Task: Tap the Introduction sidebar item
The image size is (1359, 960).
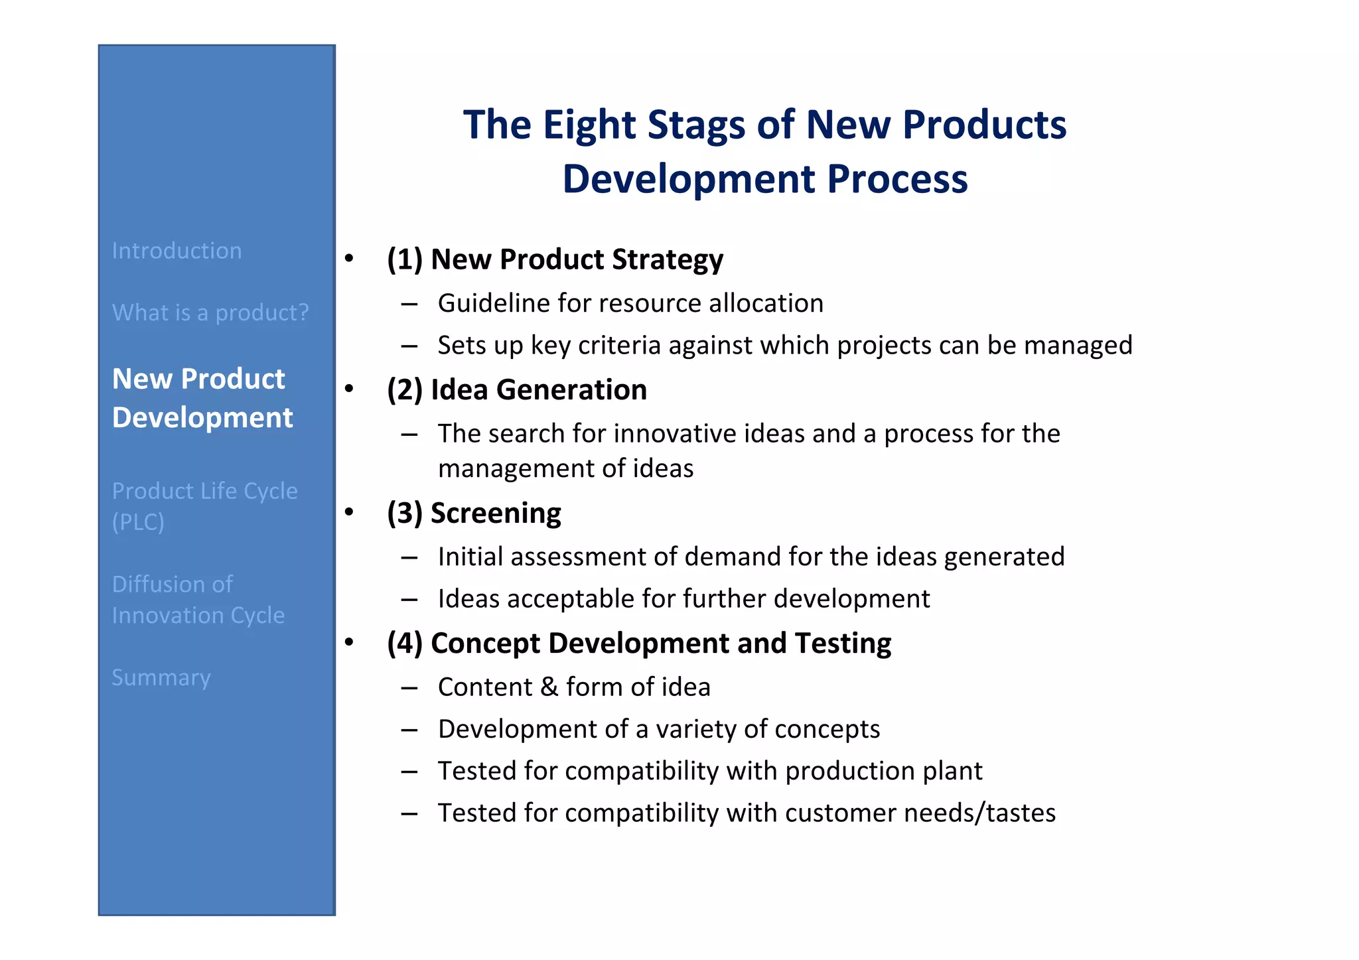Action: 177,251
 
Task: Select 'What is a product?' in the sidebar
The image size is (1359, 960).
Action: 210,312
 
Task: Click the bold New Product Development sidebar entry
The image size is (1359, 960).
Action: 202,398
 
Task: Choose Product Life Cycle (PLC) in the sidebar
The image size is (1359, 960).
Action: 204,506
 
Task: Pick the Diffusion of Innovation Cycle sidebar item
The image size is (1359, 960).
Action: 198,600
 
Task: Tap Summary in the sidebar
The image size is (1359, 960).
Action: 161,677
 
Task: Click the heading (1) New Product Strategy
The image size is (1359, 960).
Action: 555,259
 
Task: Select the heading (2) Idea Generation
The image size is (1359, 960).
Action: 516,390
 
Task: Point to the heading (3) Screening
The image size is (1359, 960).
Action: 474,514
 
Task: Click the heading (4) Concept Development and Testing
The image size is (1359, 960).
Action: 638,644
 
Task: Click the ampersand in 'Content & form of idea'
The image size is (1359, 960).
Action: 549,687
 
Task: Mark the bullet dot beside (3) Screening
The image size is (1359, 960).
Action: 349,512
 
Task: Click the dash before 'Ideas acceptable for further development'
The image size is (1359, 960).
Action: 409,600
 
